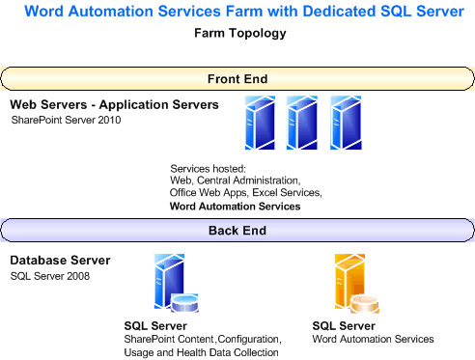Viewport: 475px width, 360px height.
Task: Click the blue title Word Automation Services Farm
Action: (237, 13)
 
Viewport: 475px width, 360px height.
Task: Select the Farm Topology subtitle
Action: (237, 34)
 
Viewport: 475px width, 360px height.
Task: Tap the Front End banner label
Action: (237, 78)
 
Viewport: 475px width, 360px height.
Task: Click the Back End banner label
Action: (237, 231)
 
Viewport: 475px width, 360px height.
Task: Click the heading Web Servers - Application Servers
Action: (114, 104)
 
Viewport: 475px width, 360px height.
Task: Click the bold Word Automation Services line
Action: (235, 206)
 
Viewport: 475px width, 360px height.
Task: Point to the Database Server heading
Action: (60, 261)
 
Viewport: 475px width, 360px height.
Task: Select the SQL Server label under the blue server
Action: (155, 326)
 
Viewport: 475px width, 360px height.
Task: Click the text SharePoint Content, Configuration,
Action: (202, 340)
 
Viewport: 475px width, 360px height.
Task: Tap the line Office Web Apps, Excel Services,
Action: (245, 193)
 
